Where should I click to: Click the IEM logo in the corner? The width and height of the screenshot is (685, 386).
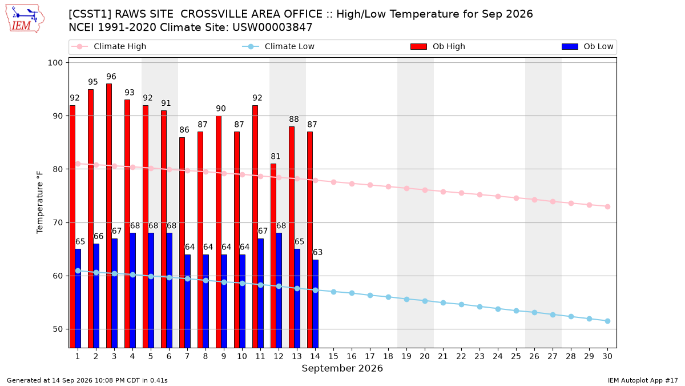point(25,19)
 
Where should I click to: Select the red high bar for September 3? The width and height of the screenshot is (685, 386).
point(109,216)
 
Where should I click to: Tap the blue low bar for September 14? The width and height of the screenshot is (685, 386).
point(316,304)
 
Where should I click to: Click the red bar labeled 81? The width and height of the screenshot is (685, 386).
point(273,256)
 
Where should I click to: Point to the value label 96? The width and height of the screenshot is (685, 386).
point(111,77)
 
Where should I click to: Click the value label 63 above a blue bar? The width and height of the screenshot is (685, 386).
point(317,252)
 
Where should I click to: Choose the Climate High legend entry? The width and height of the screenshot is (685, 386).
point(109,46)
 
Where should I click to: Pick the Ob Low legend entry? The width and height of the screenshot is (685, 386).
point(587,46)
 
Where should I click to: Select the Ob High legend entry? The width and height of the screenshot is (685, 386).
point(438,46)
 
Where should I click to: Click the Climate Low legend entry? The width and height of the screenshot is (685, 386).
point(279,46)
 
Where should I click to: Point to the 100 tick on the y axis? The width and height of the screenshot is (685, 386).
point(55,63)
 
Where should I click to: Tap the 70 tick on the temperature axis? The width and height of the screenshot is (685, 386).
point(58,222)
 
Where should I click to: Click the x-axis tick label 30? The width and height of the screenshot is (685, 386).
point(607,356)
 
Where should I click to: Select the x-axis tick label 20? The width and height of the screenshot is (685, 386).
point(425,356)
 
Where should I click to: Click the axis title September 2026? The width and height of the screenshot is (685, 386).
point(342,368)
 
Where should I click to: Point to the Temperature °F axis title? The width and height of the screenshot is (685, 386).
point(40,202)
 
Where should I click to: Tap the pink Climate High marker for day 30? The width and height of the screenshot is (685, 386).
point(607,207)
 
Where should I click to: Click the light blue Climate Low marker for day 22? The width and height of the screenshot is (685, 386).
point(461,304)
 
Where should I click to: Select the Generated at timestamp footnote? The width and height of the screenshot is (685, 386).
point(87,380)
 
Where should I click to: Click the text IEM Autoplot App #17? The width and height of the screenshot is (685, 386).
point(643,380)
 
